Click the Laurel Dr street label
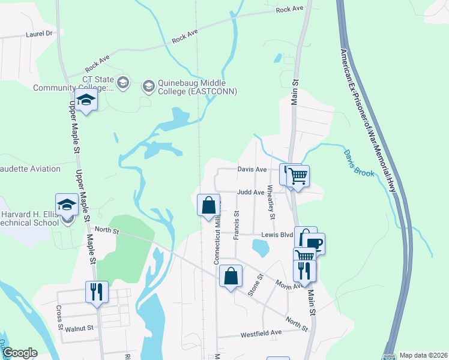click(40, 34)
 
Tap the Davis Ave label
click(252, 170)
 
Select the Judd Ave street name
click(250, 193)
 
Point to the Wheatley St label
click(271, 202)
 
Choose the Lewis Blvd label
click(276, 235)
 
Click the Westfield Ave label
click(261, 332)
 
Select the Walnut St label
click(80, 328)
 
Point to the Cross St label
click(59, 318)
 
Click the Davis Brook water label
click(359, 163)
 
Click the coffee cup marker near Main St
click(313, 244)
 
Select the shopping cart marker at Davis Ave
click(298, 176)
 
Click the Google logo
click(20, 353)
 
